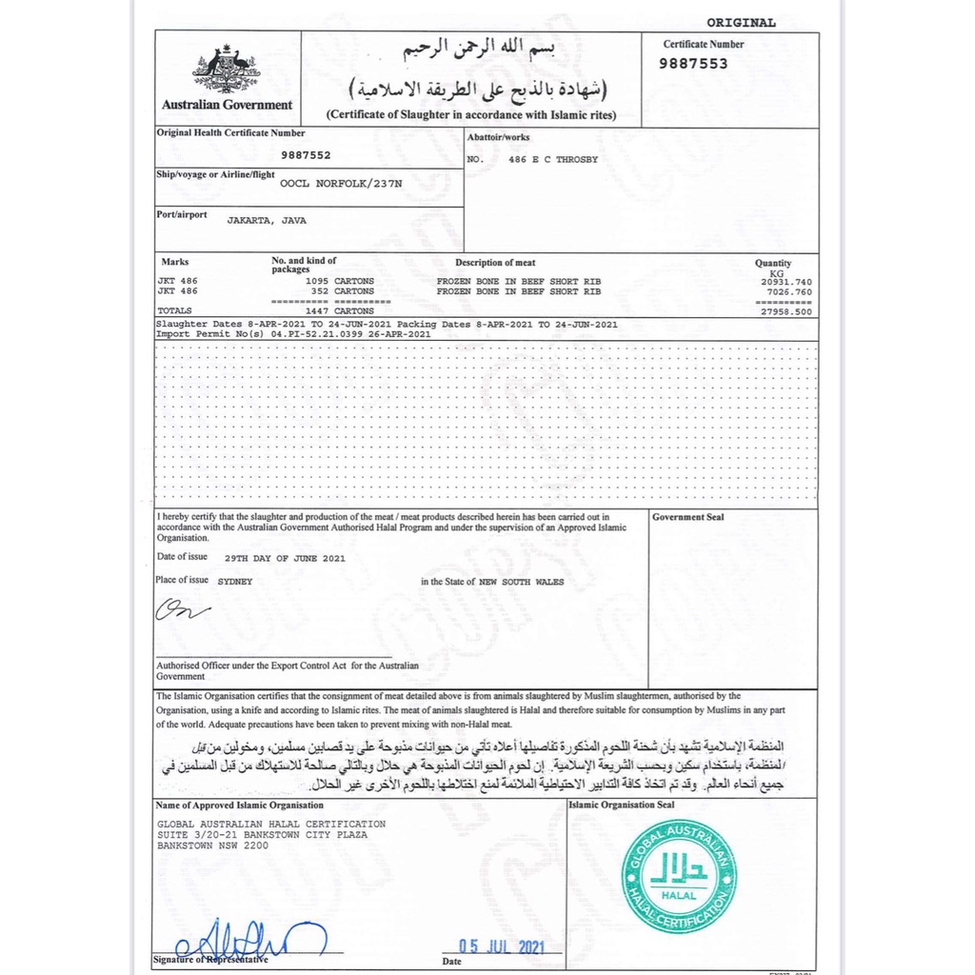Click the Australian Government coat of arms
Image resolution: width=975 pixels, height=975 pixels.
click(227, 70)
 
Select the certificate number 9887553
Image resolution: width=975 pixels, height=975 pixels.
click(695, 64)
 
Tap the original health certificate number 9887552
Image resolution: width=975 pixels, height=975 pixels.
click(307, 154)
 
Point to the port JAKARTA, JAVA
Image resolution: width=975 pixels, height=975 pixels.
click(267, 220)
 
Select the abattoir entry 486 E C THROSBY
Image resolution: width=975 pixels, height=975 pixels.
click(553, 160)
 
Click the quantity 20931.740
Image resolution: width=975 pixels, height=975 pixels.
click(786, 282)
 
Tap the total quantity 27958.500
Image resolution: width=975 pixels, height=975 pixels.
click(786, 311)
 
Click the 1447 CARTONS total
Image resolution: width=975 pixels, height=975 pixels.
click(339, 311)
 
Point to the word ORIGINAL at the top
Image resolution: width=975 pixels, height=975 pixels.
click(741, 23)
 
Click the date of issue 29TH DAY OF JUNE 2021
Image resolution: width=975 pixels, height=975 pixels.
click(285, 559)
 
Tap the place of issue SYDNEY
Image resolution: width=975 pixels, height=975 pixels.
click(235, 581)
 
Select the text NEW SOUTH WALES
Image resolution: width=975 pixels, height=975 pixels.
click(521, 582)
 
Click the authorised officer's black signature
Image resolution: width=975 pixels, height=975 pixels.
click(182, 610)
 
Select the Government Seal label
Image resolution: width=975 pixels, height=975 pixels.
click(687, 517)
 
